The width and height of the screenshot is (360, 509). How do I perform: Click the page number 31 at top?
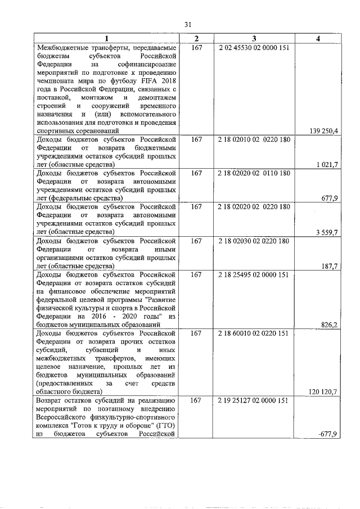point(188,24)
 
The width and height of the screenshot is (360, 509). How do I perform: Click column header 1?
point(106,38)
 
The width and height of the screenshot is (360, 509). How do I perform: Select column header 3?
point(254,38)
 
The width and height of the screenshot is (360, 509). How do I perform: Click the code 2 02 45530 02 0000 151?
point(254,48)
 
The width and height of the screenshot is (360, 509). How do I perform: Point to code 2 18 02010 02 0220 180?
point(254,139)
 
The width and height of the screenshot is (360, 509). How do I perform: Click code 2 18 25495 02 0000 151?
point(254,274)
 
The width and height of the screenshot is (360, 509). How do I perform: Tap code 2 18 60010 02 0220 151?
point(254,334)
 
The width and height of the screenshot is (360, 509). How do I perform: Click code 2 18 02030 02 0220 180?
point(254,241)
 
